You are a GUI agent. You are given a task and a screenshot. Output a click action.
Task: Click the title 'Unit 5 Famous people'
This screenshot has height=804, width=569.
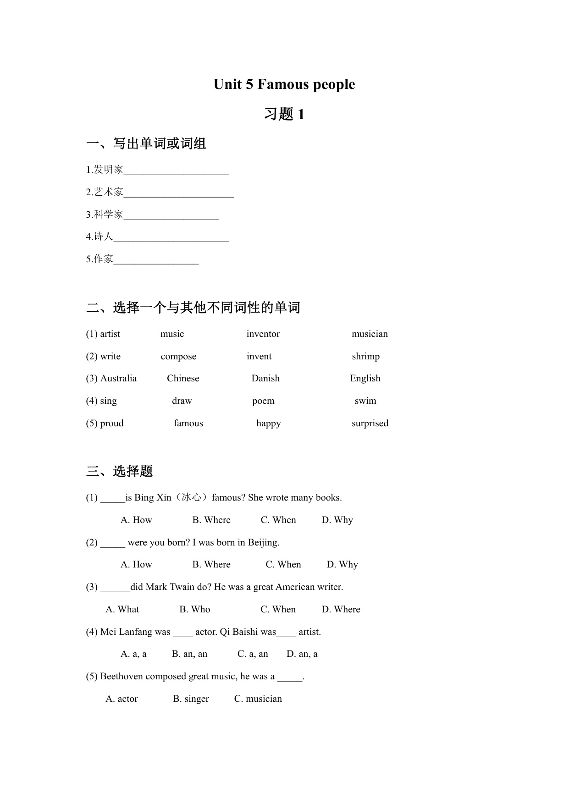[x=284, y=84]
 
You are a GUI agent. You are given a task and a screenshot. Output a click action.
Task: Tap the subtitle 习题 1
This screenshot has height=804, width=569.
[x=284, y=114]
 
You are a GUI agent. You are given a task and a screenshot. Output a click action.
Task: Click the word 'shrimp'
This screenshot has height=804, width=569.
[x=365, y=356]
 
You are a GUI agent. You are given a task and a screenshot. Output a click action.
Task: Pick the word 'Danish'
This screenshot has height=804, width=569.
[x=265, y=378]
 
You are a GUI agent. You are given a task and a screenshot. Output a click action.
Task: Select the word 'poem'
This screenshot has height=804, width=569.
[x=263, y=401]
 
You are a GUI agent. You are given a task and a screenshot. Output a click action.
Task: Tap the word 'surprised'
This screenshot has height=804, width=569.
[x=370, y=423]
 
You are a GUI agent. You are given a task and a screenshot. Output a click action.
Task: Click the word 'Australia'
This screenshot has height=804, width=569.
[x=118, y=378]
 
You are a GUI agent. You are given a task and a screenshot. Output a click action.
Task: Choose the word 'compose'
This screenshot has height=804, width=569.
[x=178, y=356]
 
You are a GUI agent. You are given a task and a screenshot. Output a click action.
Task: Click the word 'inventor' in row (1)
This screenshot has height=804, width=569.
[x=263, y=334]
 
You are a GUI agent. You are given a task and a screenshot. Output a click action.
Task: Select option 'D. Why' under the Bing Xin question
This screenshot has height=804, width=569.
[x=337, y=520]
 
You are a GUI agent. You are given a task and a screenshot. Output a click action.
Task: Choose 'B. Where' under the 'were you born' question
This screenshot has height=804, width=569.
[x=211, y=564]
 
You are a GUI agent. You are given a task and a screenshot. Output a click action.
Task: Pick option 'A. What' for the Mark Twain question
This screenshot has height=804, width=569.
[x=122, y=609]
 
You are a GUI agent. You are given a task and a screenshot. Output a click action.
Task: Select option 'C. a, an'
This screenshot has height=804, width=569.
[x=253, y=654]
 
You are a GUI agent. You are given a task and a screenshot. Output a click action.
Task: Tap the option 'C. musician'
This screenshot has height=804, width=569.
[x=258, y=699]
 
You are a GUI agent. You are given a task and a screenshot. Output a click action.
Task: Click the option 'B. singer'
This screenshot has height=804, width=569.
[x=191, y=699]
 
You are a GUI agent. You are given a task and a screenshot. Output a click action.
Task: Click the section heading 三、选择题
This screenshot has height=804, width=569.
[x=119, y=471]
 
